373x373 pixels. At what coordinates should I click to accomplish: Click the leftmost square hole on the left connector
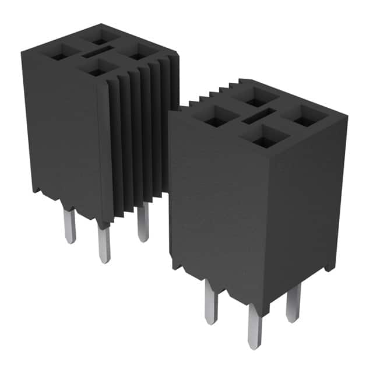[59, 56]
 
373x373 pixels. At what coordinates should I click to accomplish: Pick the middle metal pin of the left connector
[104, 244]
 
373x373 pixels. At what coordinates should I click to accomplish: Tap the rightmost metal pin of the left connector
[143, 224]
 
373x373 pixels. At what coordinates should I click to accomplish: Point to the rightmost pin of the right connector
[293, 302]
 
